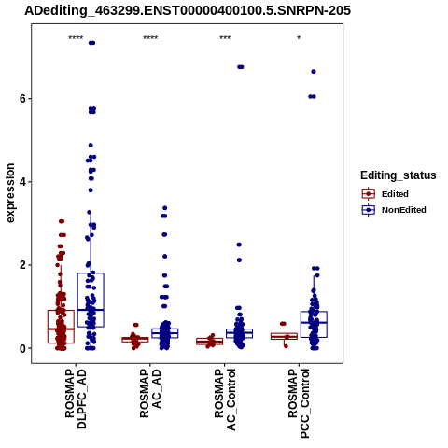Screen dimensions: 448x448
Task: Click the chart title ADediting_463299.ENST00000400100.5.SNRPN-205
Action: [x=188, y=11]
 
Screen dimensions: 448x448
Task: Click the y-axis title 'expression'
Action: [x=10, y=193]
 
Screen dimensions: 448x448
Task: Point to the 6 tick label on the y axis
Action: [x=22, y=99]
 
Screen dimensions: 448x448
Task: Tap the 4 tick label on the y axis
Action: [x=22, y=182]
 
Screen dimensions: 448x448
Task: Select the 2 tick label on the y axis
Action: [x=22, y=265]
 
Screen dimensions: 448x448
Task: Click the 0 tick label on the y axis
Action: [x=22, y=349]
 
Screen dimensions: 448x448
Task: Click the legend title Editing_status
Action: [x=399, y=175]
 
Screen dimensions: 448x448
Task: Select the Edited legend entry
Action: [x=385, y=194]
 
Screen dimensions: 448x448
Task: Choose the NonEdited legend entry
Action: [x=394, y=210]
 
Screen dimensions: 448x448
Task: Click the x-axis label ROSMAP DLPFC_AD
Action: [x=76, y=399]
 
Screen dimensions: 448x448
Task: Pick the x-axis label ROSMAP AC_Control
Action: [x=225, y=399]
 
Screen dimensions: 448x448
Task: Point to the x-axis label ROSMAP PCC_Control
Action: [x=299, y=403]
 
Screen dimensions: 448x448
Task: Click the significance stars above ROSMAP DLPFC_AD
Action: [x=76, y=38]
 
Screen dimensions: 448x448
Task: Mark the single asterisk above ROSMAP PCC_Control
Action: [x=299, y=38]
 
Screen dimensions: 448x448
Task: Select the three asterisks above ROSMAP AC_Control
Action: [x=225, y=38]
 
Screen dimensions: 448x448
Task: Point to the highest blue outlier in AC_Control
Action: [x=241, y=67]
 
